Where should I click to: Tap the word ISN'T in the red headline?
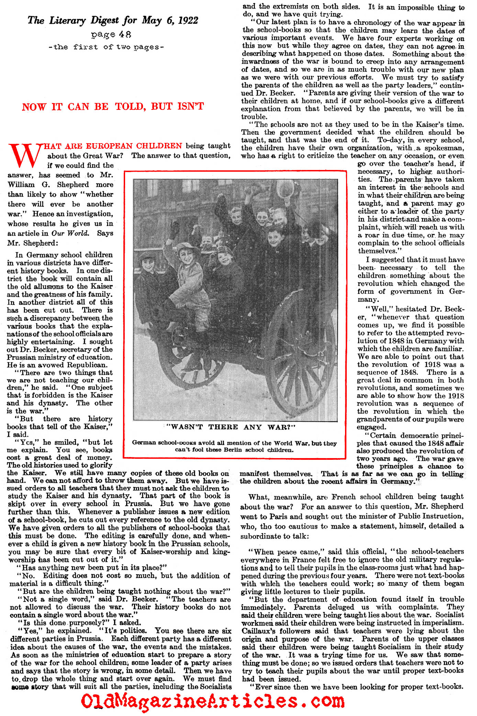click(191, 106)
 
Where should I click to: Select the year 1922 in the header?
click(188, 21)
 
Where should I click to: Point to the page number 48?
click(125, 35)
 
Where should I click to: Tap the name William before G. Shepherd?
click(21, 185)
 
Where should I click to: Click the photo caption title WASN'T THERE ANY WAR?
click(231, 427)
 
